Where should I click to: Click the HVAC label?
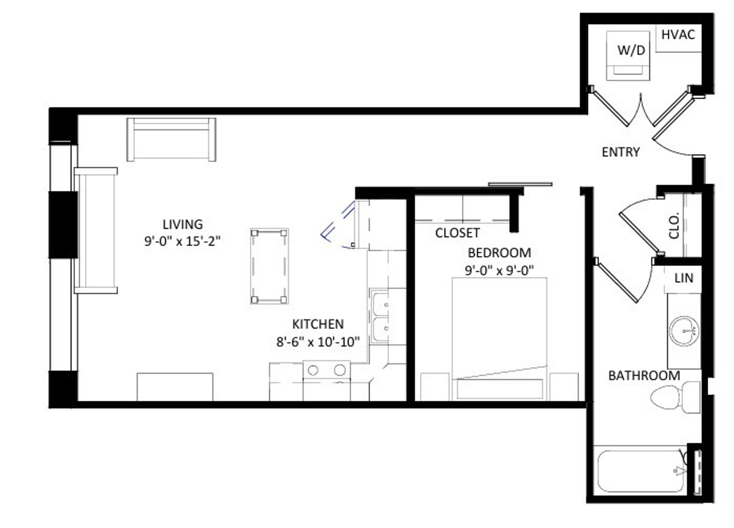[x=678, y=35]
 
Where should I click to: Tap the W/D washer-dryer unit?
[x=628, y=56]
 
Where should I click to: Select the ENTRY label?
[x=620, y=152]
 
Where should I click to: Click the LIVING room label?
[x=182, y=224]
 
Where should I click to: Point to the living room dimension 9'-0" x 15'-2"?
[x=182, y=241]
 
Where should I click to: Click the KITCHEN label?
[x=318, y=324]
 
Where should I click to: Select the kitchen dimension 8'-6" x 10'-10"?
[x=318, y=342]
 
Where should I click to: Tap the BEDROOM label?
[x=499, y=253]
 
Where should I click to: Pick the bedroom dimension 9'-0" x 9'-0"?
[x=499, y=270]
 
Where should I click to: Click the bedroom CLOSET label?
[x=457, y=233]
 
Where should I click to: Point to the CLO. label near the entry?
[x=674, y=225]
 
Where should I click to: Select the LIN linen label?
[x=684, y=278]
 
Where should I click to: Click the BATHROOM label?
[x=644, y=376]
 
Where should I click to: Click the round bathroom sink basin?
[x=684, y=331]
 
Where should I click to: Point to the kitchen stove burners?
[x=326, y=370]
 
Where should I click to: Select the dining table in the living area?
[x=269, y=266]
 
